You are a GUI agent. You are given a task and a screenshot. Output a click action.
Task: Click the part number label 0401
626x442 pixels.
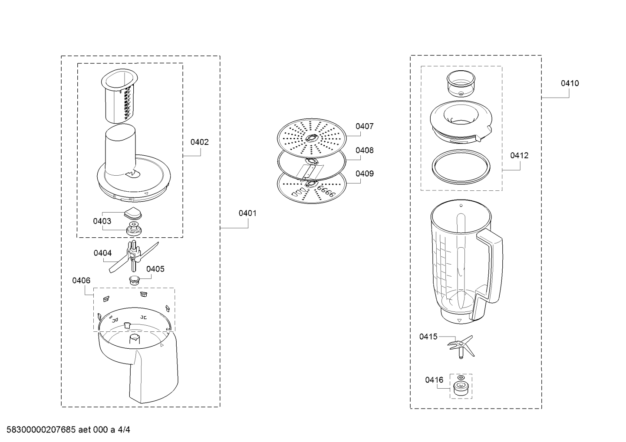point(247,213)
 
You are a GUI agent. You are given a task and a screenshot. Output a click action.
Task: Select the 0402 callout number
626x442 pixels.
point(200,142)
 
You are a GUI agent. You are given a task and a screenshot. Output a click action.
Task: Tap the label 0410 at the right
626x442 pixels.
point(570,83)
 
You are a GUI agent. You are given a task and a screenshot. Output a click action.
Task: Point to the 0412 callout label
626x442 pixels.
point(519,156)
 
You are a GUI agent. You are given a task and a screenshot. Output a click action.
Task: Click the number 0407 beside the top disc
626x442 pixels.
point(364,127)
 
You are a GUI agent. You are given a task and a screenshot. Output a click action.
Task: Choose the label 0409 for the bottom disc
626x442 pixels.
point(364,174)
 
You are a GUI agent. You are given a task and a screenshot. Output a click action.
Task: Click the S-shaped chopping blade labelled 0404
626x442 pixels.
point(134,257)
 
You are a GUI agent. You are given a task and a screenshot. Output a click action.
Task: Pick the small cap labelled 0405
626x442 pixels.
point(135,280)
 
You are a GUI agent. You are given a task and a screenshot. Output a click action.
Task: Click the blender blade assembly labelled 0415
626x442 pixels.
point(461,347)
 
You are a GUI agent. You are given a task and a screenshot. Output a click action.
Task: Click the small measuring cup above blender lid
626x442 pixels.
point(461,83)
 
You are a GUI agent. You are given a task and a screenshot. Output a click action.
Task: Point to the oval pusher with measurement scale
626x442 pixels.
point(120,96)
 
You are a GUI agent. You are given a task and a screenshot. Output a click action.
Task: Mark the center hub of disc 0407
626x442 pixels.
point(311,138)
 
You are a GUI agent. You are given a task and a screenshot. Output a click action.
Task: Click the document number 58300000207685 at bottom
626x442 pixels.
point(41,430)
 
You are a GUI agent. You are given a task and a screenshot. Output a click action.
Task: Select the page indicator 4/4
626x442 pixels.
point(124,430)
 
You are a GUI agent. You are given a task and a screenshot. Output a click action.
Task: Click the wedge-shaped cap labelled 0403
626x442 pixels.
point(133,213)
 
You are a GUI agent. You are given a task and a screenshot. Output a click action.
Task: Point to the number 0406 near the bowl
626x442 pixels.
point(81,280)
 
